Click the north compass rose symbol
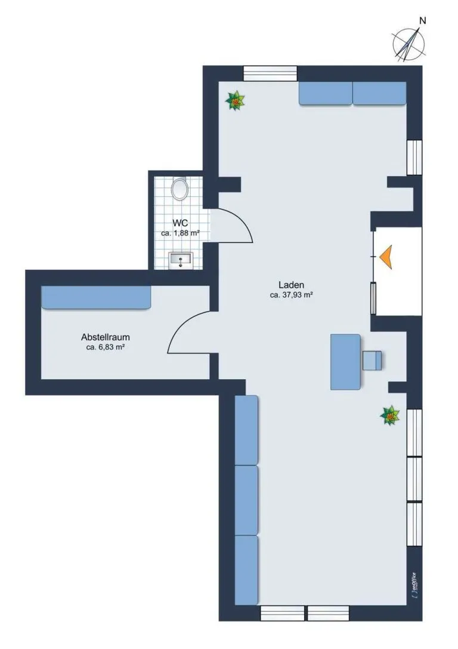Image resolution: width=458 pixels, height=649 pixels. [409, 44]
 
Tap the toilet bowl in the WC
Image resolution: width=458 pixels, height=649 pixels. [180, 189]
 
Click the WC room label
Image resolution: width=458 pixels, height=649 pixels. [180, 224]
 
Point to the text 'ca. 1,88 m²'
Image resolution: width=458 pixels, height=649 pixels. [180, 233]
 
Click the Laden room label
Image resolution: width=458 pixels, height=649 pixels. [292, 285]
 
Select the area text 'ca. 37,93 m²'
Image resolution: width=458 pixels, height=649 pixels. [292, 295]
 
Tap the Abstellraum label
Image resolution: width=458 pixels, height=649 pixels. [106, 337]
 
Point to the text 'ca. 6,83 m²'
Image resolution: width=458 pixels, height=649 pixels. [106, 347]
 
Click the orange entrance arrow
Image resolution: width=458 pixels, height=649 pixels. [386, 257]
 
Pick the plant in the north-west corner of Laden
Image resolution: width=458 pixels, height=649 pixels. [235, 100]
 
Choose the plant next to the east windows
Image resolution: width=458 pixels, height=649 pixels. [390, 415]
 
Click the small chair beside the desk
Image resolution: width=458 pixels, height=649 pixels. [372, 360]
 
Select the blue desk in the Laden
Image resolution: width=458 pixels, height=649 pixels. [345, 362]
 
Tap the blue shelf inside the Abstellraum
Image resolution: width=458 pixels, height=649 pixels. [96, 297]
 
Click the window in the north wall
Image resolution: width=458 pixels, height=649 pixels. [270, 73]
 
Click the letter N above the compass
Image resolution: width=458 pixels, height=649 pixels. [422, 20]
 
